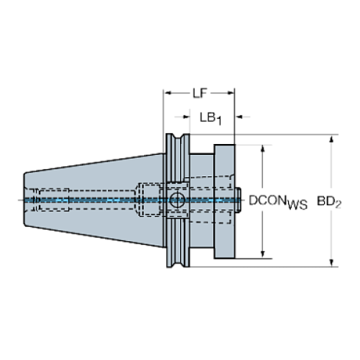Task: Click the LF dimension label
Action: coord(200,93)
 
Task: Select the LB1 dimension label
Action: coord(211,118)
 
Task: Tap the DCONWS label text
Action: coord(278,202)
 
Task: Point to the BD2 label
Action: coord(329,202)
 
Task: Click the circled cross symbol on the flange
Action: coord(177,200)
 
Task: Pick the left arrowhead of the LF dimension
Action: coord(168,93)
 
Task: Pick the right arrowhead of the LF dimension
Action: coord(231,93)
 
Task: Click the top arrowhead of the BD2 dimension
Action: coord(331,139)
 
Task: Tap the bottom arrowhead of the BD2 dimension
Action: coord(331,262)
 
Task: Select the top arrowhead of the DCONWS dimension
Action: coord(263,149)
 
